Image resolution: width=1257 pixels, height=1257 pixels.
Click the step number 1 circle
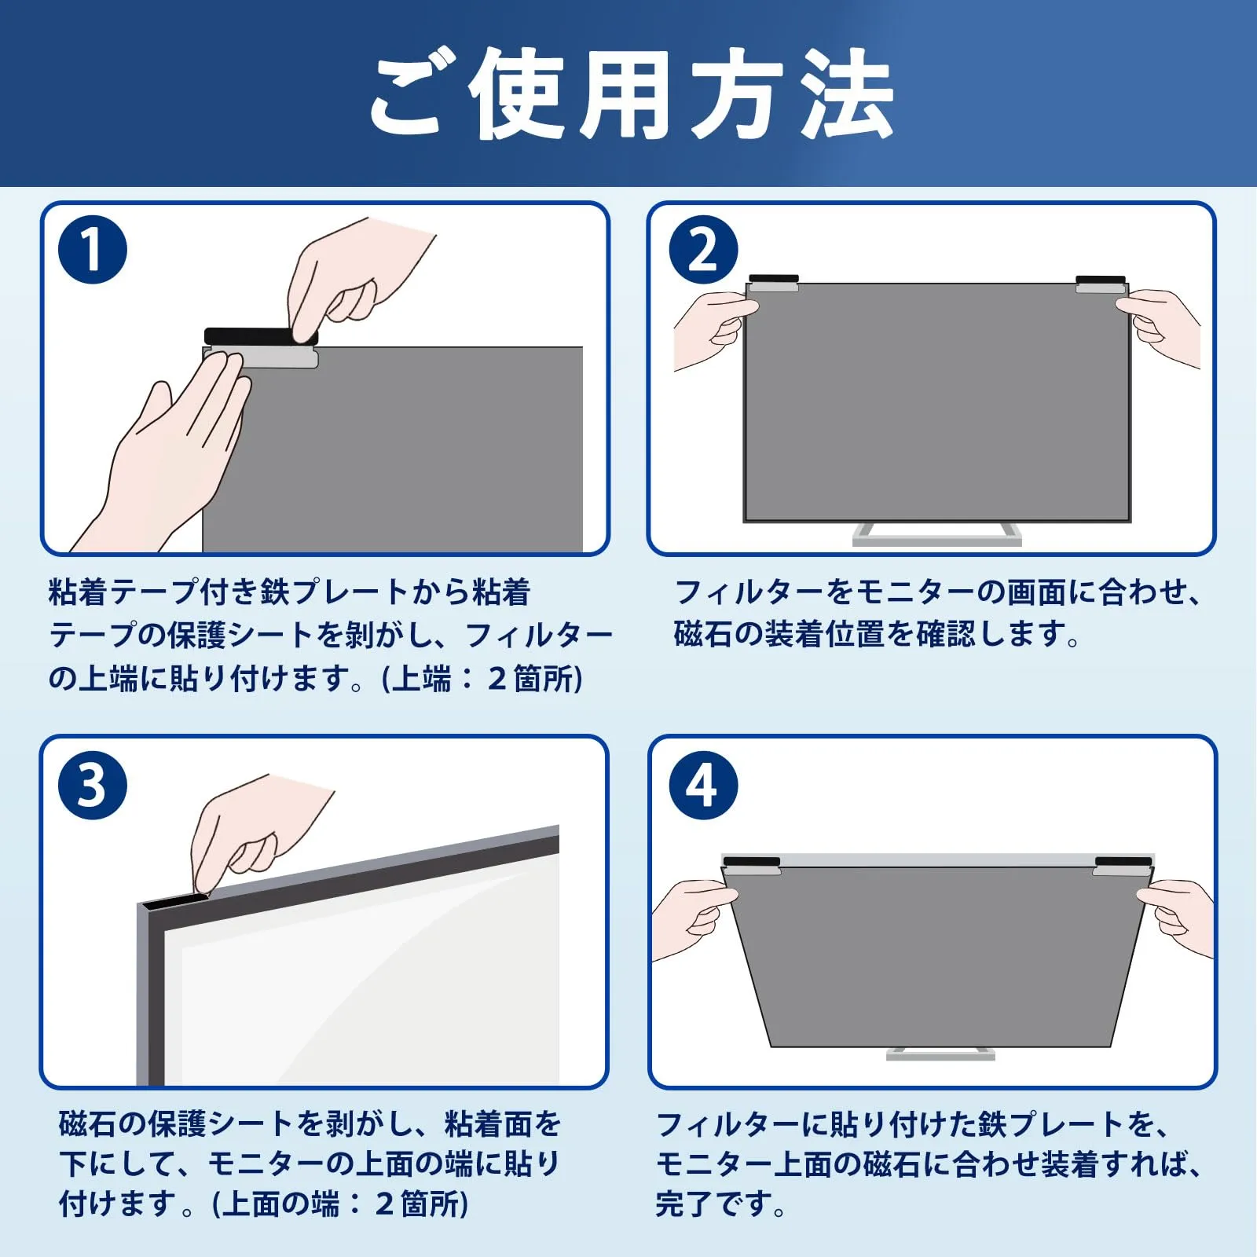click(x=93, y=250)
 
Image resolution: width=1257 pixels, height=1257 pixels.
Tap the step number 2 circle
click(x=703, y=250)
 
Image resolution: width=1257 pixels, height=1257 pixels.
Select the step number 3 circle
click(x=93, y=785)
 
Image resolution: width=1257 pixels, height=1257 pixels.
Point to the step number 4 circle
click(x=703, y=785)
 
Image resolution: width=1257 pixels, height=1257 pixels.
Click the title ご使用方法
click(x=632, y=94)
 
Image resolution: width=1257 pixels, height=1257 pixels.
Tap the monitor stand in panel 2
click(x=937, y=534)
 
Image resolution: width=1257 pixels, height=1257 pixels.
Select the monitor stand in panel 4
click(x=937, y=1054)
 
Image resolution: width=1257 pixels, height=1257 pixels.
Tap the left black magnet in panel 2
click(x=774, y=279)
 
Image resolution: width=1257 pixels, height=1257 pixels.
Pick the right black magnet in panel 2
click(x=1101, y=280)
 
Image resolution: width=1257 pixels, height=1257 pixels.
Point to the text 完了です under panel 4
click(x=720, y=1204)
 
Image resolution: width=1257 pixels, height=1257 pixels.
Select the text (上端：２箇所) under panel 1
click(x=482, y=679)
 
